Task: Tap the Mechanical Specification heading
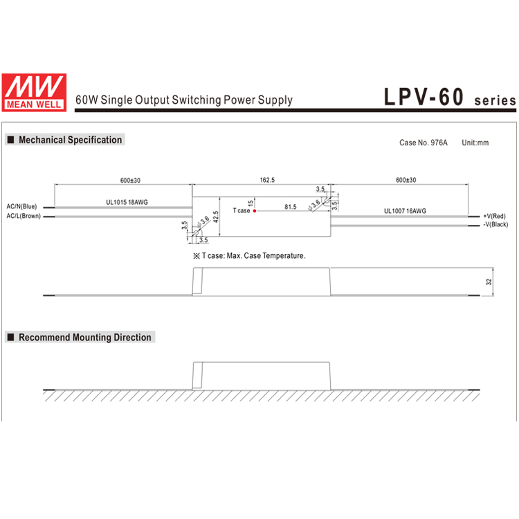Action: click(x=70, y=140)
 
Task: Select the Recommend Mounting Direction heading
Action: click(x=84, y=338)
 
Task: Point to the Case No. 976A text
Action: click(x=424, y=143)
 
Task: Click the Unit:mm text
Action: click(x=475, y=143)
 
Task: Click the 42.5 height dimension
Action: click(x=216, y=217)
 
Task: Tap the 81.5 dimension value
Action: click(x=291, y=206)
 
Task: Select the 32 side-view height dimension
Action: click(x=488, y=282)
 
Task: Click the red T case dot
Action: click(x=255, y=210)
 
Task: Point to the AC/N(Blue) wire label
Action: click(x=21, y=206)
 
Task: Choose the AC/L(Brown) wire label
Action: click(x=23, y=216)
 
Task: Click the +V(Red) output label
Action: click(x=495, y=216)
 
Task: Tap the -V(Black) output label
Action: click(x=495, y=225)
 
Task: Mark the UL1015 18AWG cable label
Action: click(x=127, y=202)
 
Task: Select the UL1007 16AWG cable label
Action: click(x=405, y=211)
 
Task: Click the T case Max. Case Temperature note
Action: click(x=249, y=256)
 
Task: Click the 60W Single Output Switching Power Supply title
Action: click(x=183, y=100)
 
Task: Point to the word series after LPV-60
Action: click(x=495, y=100)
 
